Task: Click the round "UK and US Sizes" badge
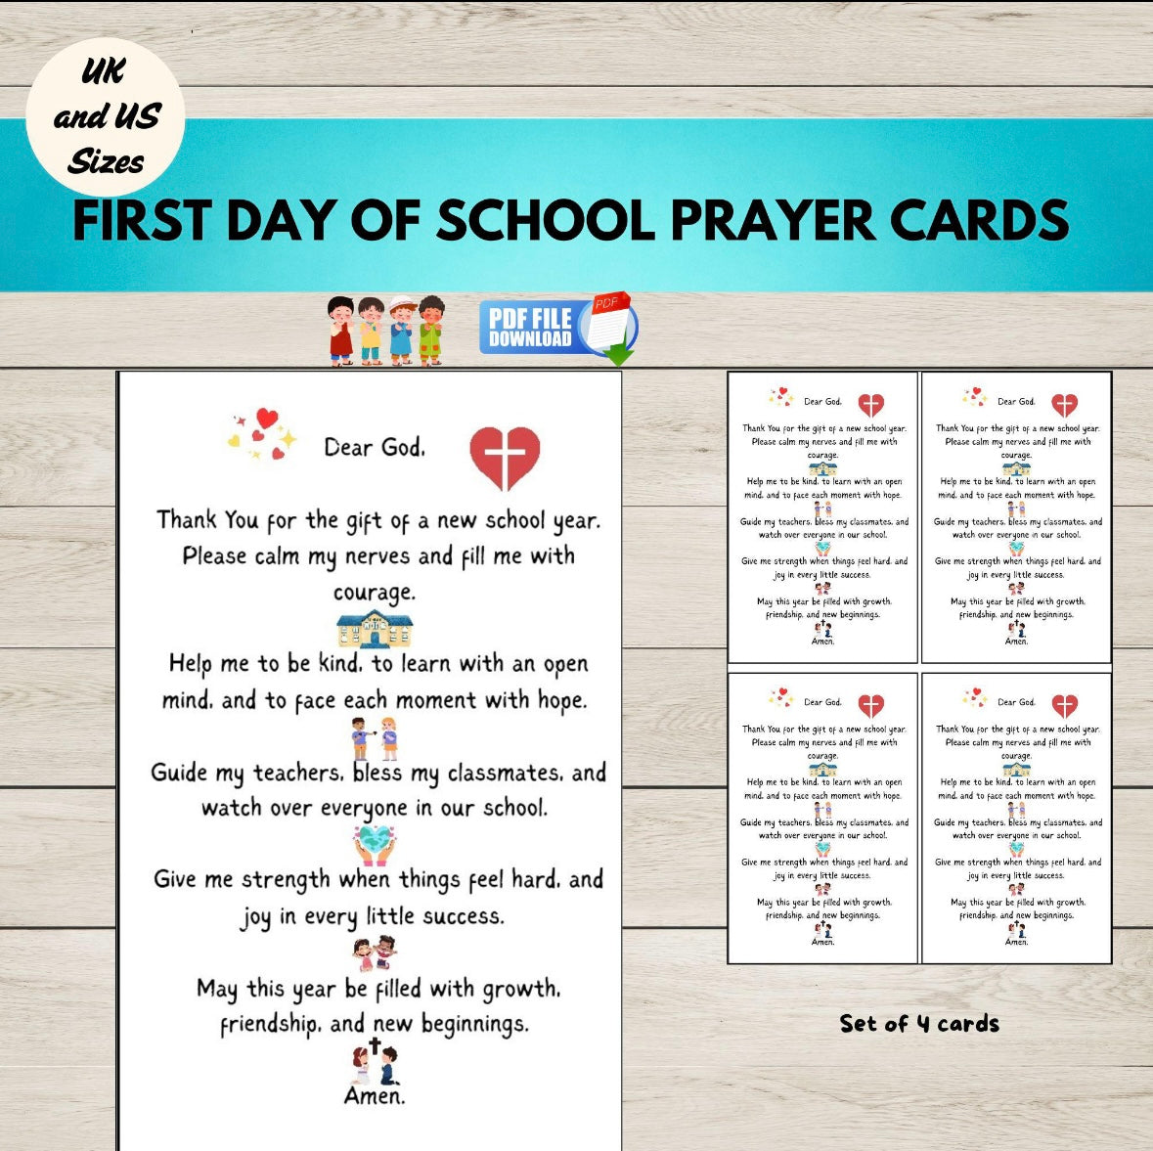(x=106, y=116)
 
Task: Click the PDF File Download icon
(x=557, y=328)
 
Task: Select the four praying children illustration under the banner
(x=387, y=331)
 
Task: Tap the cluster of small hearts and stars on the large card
(x=262, y=435)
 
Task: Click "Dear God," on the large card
(x=375, y=448)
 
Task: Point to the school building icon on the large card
(x=375, y=629)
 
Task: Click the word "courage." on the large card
(x=375, y=593)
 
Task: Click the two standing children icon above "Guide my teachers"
(x=375, y=738)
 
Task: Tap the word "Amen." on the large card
(x=375, y=1096)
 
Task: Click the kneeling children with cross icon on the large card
(x=375, y=1062)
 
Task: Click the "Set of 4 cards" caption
(x=919, y=1024)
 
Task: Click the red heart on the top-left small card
(x=870, y=405)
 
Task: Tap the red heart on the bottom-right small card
(x=1064, y=705)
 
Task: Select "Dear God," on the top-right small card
(x=1016, y=401)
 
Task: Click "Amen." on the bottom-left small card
(x=822, y=942)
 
